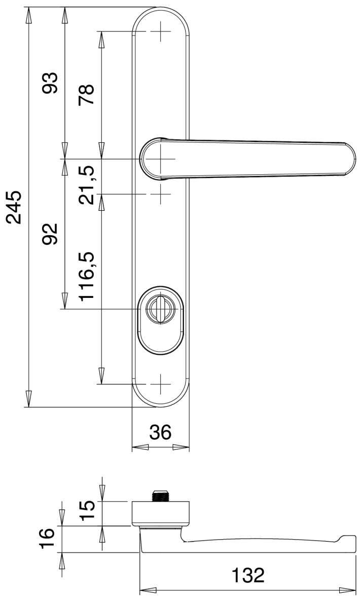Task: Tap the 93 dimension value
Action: (50, 83)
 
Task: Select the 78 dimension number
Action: (86, 95)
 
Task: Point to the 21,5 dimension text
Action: (86, 185)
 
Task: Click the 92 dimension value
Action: (50, 234)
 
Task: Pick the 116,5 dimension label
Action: (86, 277)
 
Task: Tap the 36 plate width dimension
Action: (160, 432)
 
